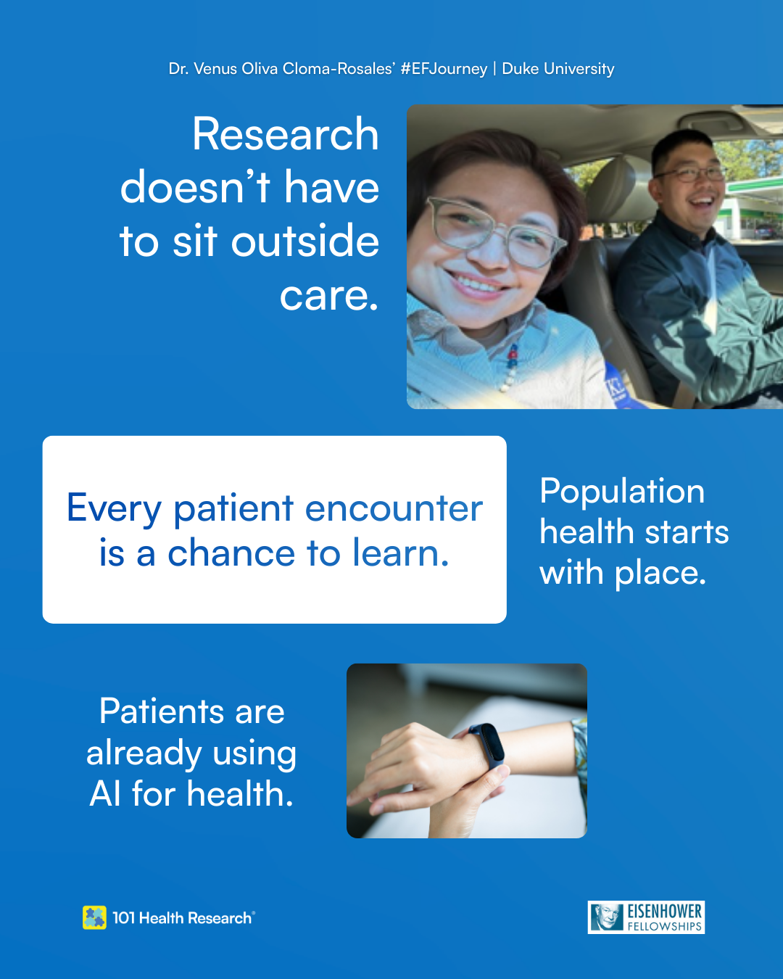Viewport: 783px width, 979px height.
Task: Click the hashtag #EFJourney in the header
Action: [x=444, y=69]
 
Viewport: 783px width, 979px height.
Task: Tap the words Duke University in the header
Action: [x=558, y=69]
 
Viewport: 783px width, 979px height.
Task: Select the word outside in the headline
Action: [x=304, y=241]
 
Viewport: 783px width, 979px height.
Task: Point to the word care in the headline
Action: [x=328, y=296]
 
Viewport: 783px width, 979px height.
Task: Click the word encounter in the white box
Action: [x=394, y=508]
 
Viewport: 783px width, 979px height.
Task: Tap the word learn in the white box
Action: [x=401, y=553]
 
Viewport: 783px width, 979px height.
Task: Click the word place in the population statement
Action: [x=660, y=574]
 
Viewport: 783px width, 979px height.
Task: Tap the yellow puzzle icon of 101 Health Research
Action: [x=94, y=917]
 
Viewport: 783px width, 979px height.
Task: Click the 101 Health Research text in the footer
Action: [x=183, y=918]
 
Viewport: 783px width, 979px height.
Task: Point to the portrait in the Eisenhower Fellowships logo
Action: [x=607, y=917]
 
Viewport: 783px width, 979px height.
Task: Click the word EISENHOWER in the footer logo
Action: [x=665, y=912]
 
